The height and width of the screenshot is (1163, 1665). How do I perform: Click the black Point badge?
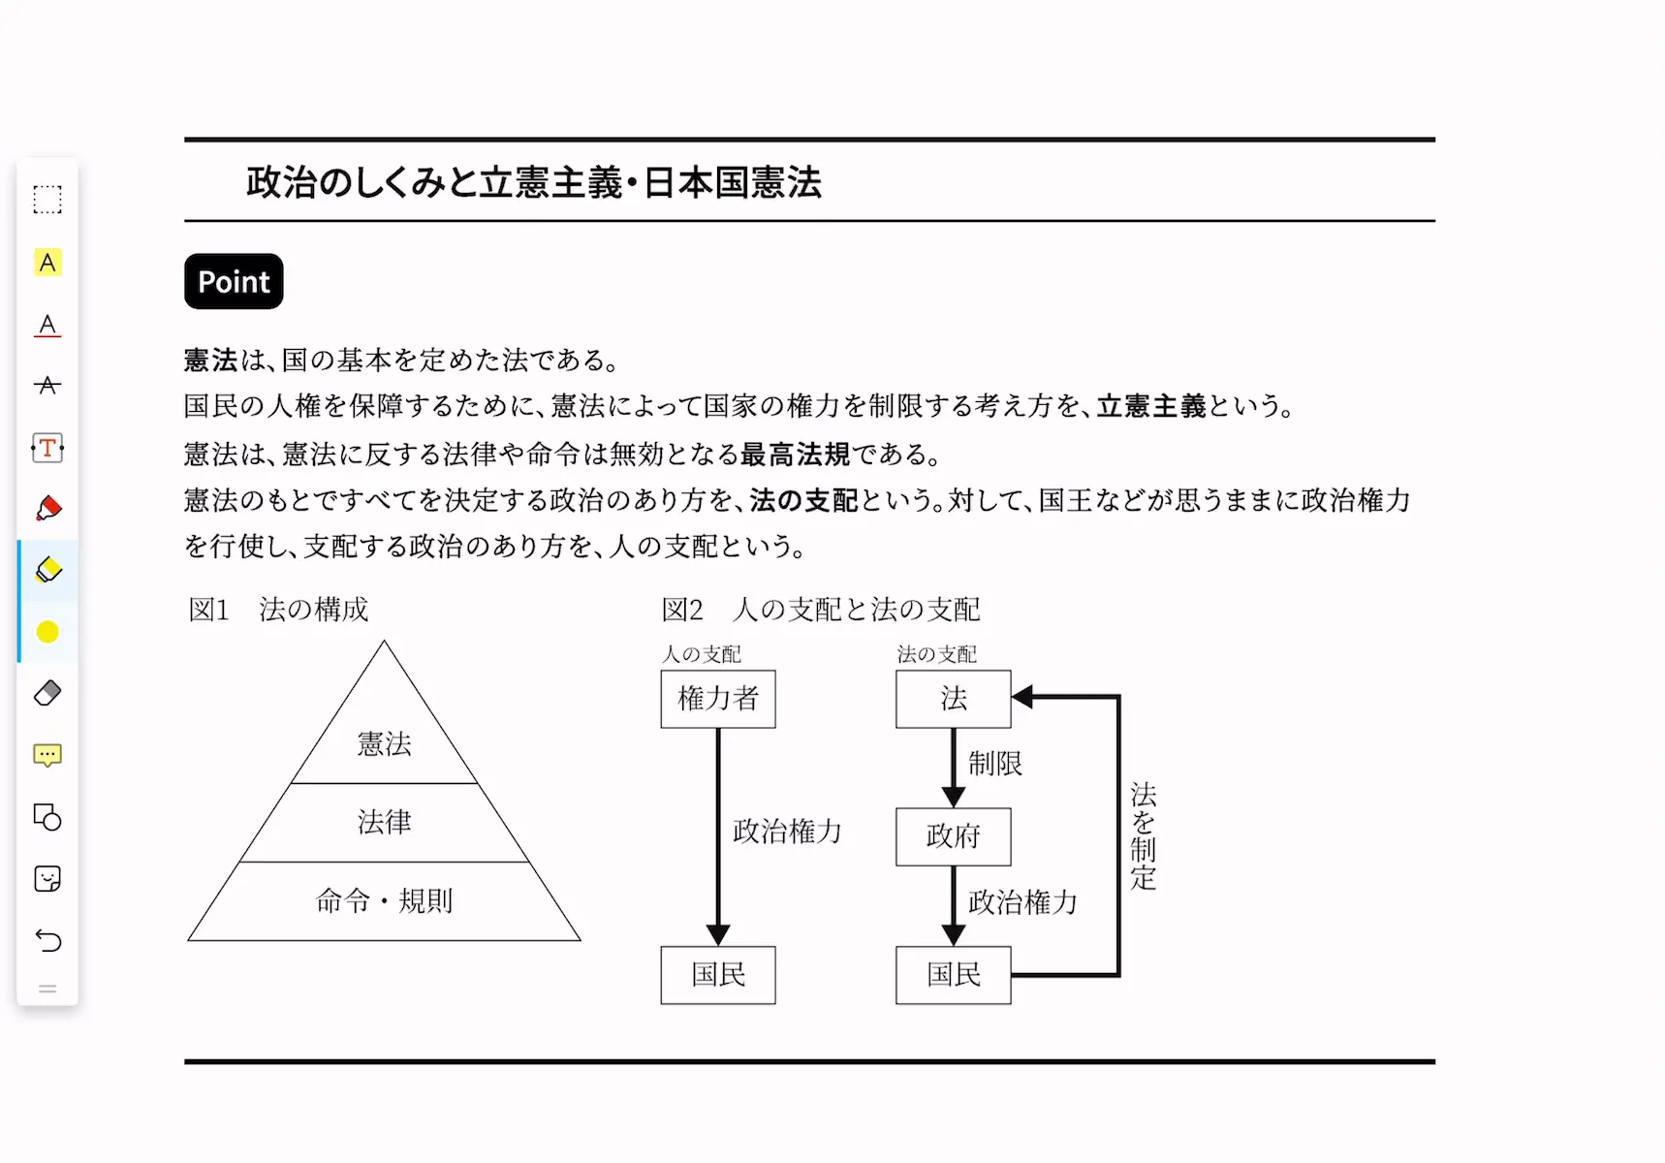coord(234,281)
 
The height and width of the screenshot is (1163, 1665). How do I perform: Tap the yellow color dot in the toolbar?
coord(47,632)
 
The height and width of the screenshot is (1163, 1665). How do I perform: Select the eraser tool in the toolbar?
coord(47,693)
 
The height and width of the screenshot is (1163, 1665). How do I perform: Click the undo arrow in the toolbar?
coord(47,940)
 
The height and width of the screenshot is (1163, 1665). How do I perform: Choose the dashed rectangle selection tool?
coord(47,200)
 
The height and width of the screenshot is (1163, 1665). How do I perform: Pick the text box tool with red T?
coord(47,448)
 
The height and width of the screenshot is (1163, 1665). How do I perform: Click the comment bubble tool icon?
coord(47,755)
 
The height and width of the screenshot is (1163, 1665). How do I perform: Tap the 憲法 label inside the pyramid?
coord(385,743)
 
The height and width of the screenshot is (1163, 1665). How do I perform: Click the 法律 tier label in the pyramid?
coord(385,822)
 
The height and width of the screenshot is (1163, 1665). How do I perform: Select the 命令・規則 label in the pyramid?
coord(385,900)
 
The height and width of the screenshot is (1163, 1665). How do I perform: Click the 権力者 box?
coord(718,699)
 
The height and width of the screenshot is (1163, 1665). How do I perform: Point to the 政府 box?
coord(954,836)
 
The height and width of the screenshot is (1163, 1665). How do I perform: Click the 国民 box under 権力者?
coord(718,975)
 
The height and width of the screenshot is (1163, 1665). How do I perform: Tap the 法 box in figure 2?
coord(954,699)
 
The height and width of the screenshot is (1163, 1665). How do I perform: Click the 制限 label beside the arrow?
coord(995,764)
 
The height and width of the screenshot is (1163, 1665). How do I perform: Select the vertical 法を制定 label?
coord(1144,836)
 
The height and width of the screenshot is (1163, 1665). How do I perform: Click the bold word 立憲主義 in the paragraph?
coord(1151,406)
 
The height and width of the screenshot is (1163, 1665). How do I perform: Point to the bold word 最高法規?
coord(795,454)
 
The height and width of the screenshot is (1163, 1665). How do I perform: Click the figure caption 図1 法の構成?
coord(279,610)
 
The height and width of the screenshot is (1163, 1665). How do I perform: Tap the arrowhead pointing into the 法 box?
coord(1022,697)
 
